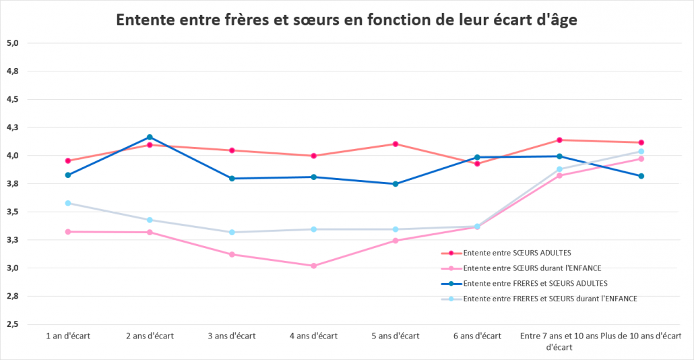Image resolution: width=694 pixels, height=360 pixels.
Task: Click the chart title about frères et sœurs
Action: (346, 20)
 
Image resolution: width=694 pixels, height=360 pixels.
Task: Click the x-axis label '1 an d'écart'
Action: (68, 336)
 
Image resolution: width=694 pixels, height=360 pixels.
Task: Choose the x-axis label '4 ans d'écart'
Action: (313, 336)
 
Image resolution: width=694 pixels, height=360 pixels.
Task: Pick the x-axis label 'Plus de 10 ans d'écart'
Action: (641, 336)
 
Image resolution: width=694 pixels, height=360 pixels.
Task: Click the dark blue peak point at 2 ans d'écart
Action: (150, 137)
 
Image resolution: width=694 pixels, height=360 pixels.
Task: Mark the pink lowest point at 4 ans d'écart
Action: (313, 266)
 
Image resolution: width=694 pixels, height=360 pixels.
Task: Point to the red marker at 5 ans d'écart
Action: (396, 144)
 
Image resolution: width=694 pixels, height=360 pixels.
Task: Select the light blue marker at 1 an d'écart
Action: (68, 203)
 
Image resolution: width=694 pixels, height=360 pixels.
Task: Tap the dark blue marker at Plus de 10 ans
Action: (641, 176)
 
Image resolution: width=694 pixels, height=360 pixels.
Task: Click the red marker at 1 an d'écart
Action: (68, 160)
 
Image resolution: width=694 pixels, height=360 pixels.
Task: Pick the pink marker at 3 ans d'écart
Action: (232, 254)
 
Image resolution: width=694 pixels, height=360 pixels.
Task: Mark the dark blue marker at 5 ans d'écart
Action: (396, 184)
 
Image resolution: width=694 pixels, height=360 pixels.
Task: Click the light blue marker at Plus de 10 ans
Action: (641, 151)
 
